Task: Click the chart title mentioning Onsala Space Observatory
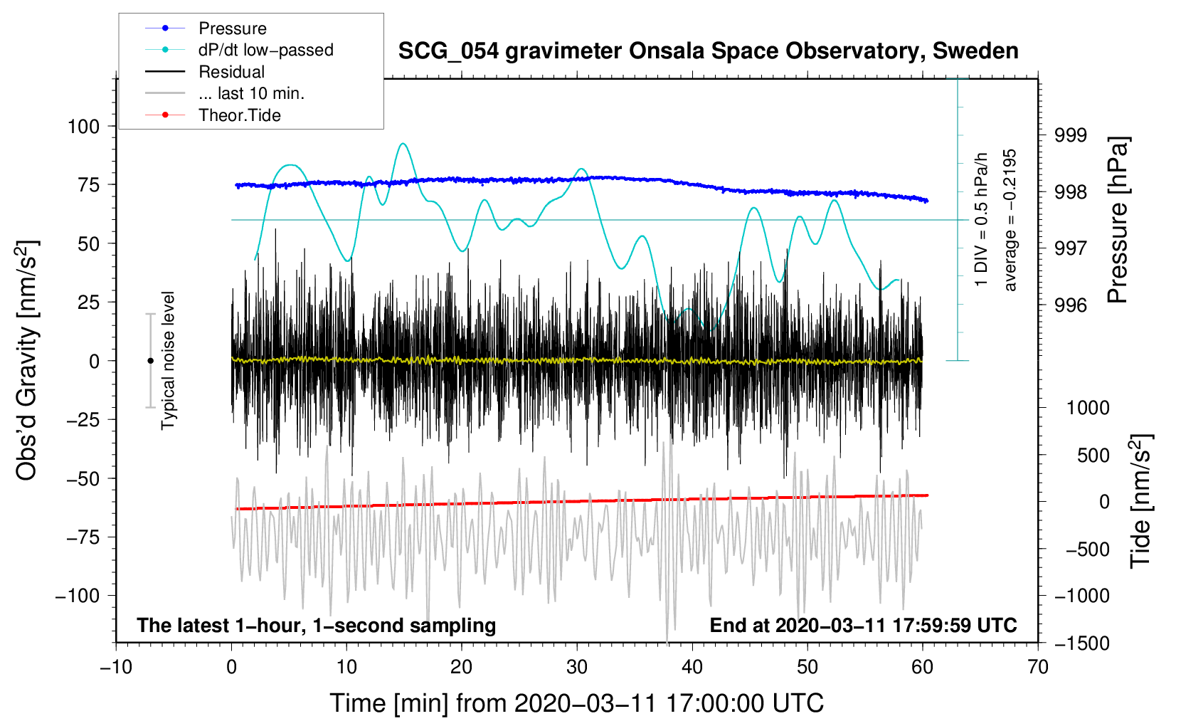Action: [708, 51]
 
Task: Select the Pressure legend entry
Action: [232, 28]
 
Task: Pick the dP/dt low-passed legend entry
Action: [265, 50]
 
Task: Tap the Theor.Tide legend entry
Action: [239, 115]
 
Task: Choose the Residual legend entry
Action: [231, 72]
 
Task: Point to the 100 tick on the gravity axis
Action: [83, 127]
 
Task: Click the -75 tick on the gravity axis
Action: [83, 537]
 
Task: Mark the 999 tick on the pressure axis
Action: [1070, 135]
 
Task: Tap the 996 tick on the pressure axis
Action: [1070, 305]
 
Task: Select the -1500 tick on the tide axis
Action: [1081, 643]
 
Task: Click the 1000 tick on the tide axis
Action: [1087, 408]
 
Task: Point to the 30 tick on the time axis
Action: [577, 667]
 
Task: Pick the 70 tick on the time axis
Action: [1038, 667]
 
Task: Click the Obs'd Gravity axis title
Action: [27, 361]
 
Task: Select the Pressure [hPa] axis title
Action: [1118, 220]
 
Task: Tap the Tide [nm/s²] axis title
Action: [1140, 500]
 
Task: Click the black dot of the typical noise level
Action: [150, 361]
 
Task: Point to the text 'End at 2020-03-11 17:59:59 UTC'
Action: [863, 626]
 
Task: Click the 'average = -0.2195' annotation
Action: [1010, 220]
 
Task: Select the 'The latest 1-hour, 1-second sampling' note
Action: [316, 626]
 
